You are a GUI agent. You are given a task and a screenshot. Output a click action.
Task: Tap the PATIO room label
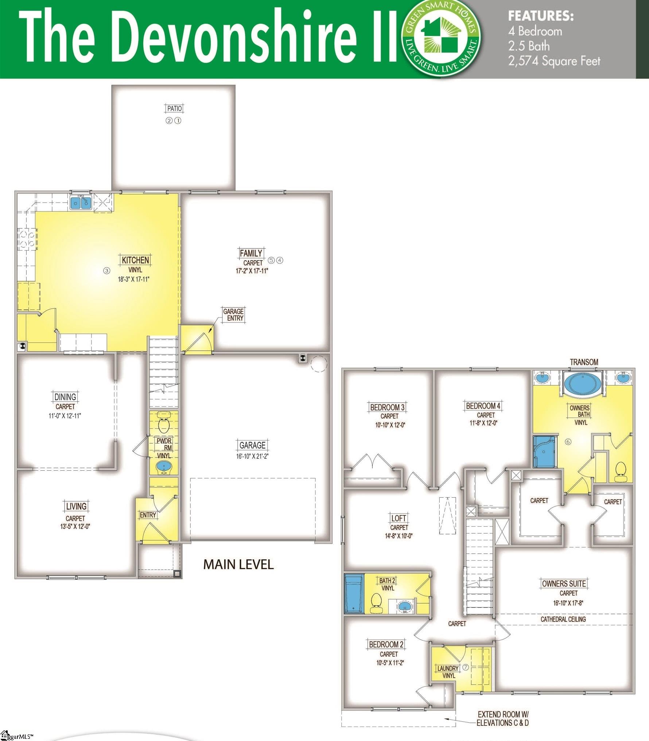click(x=174, y=108)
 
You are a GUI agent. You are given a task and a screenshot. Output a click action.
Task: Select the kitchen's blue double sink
click(x=80, y=203)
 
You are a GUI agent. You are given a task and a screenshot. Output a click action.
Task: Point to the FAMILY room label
click(x=251, y=253)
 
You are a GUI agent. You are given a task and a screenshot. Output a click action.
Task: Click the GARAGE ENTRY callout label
click(x=233, y=315)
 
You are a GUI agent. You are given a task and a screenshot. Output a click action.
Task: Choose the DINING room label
click(x=65, y=397)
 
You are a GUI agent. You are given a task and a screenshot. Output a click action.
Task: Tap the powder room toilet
click(x=164, y=424)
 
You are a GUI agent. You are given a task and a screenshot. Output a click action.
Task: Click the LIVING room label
click(x=76, y=506)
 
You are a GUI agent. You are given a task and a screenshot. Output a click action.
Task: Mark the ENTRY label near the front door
click(x=148, y=515)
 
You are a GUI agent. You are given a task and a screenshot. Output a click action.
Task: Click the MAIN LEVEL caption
click(x=238, y=564)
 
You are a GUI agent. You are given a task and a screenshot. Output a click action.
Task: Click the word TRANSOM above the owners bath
click(x=584, y=362)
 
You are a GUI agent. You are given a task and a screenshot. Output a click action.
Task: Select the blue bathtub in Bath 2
click(x=354, y=594)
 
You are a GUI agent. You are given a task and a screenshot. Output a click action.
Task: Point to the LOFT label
click(x=399, y=518)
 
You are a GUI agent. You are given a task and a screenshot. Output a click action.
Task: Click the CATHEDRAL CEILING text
click(x=563, y=619)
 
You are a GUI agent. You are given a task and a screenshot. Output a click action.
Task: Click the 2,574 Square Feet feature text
click(x=554, y=61)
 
